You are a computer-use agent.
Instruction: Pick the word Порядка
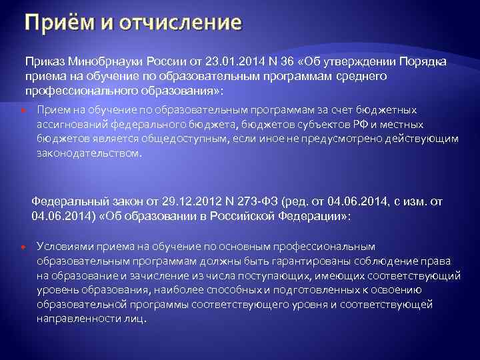(422, 61)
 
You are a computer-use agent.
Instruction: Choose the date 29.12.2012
(186, 201)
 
